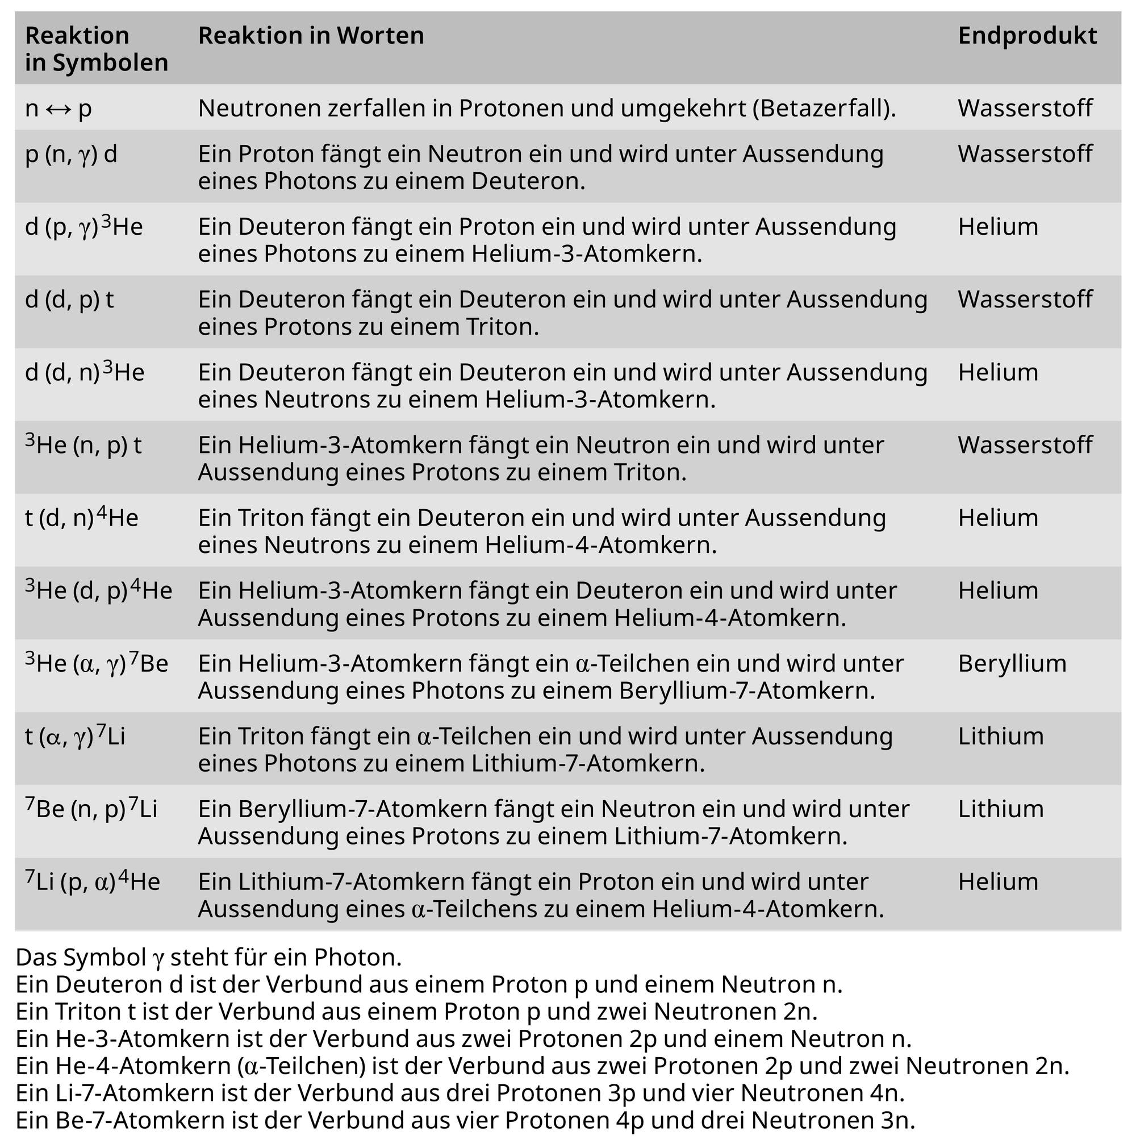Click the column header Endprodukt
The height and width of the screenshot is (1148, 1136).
[1027, 36]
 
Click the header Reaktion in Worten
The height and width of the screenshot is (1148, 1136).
[311, 36]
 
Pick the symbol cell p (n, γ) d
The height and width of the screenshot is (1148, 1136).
[70, 155]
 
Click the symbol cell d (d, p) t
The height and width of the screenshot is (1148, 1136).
[69, 300]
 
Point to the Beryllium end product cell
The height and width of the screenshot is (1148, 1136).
[1012, 664]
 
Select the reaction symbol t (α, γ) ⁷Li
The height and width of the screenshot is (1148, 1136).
[75, 736]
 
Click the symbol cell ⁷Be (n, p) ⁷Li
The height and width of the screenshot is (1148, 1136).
[91, 809]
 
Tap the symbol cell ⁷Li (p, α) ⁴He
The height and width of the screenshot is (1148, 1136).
[93, 881]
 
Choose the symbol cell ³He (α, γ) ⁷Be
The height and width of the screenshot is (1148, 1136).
[96, 663]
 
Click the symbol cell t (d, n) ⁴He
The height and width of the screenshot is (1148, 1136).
[81, 518]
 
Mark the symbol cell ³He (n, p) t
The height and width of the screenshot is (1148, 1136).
[83, 445]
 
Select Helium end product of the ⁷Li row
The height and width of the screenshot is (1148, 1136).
[997, 882]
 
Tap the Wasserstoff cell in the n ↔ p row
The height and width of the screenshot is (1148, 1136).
[1025, 108]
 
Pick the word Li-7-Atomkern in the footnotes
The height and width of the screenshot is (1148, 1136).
[135, 1093]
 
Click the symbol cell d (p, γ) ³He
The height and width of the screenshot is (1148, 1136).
[83, 227]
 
